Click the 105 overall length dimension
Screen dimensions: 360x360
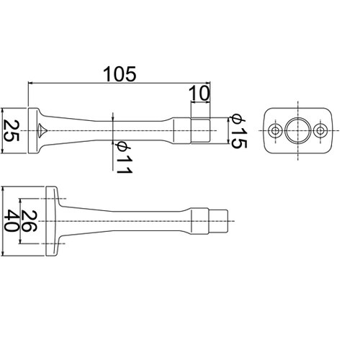coord(120,74)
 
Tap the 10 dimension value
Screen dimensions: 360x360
coord(199,94)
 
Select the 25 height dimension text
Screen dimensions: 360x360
coord(12,131)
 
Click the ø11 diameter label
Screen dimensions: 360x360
coord(123,157)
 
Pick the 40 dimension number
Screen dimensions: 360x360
coord(12,220)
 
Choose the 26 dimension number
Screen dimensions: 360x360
coord(29,221)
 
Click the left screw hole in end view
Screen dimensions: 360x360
coord(275,131)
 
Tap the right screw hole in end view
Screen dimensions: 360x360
coord(320,131)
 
